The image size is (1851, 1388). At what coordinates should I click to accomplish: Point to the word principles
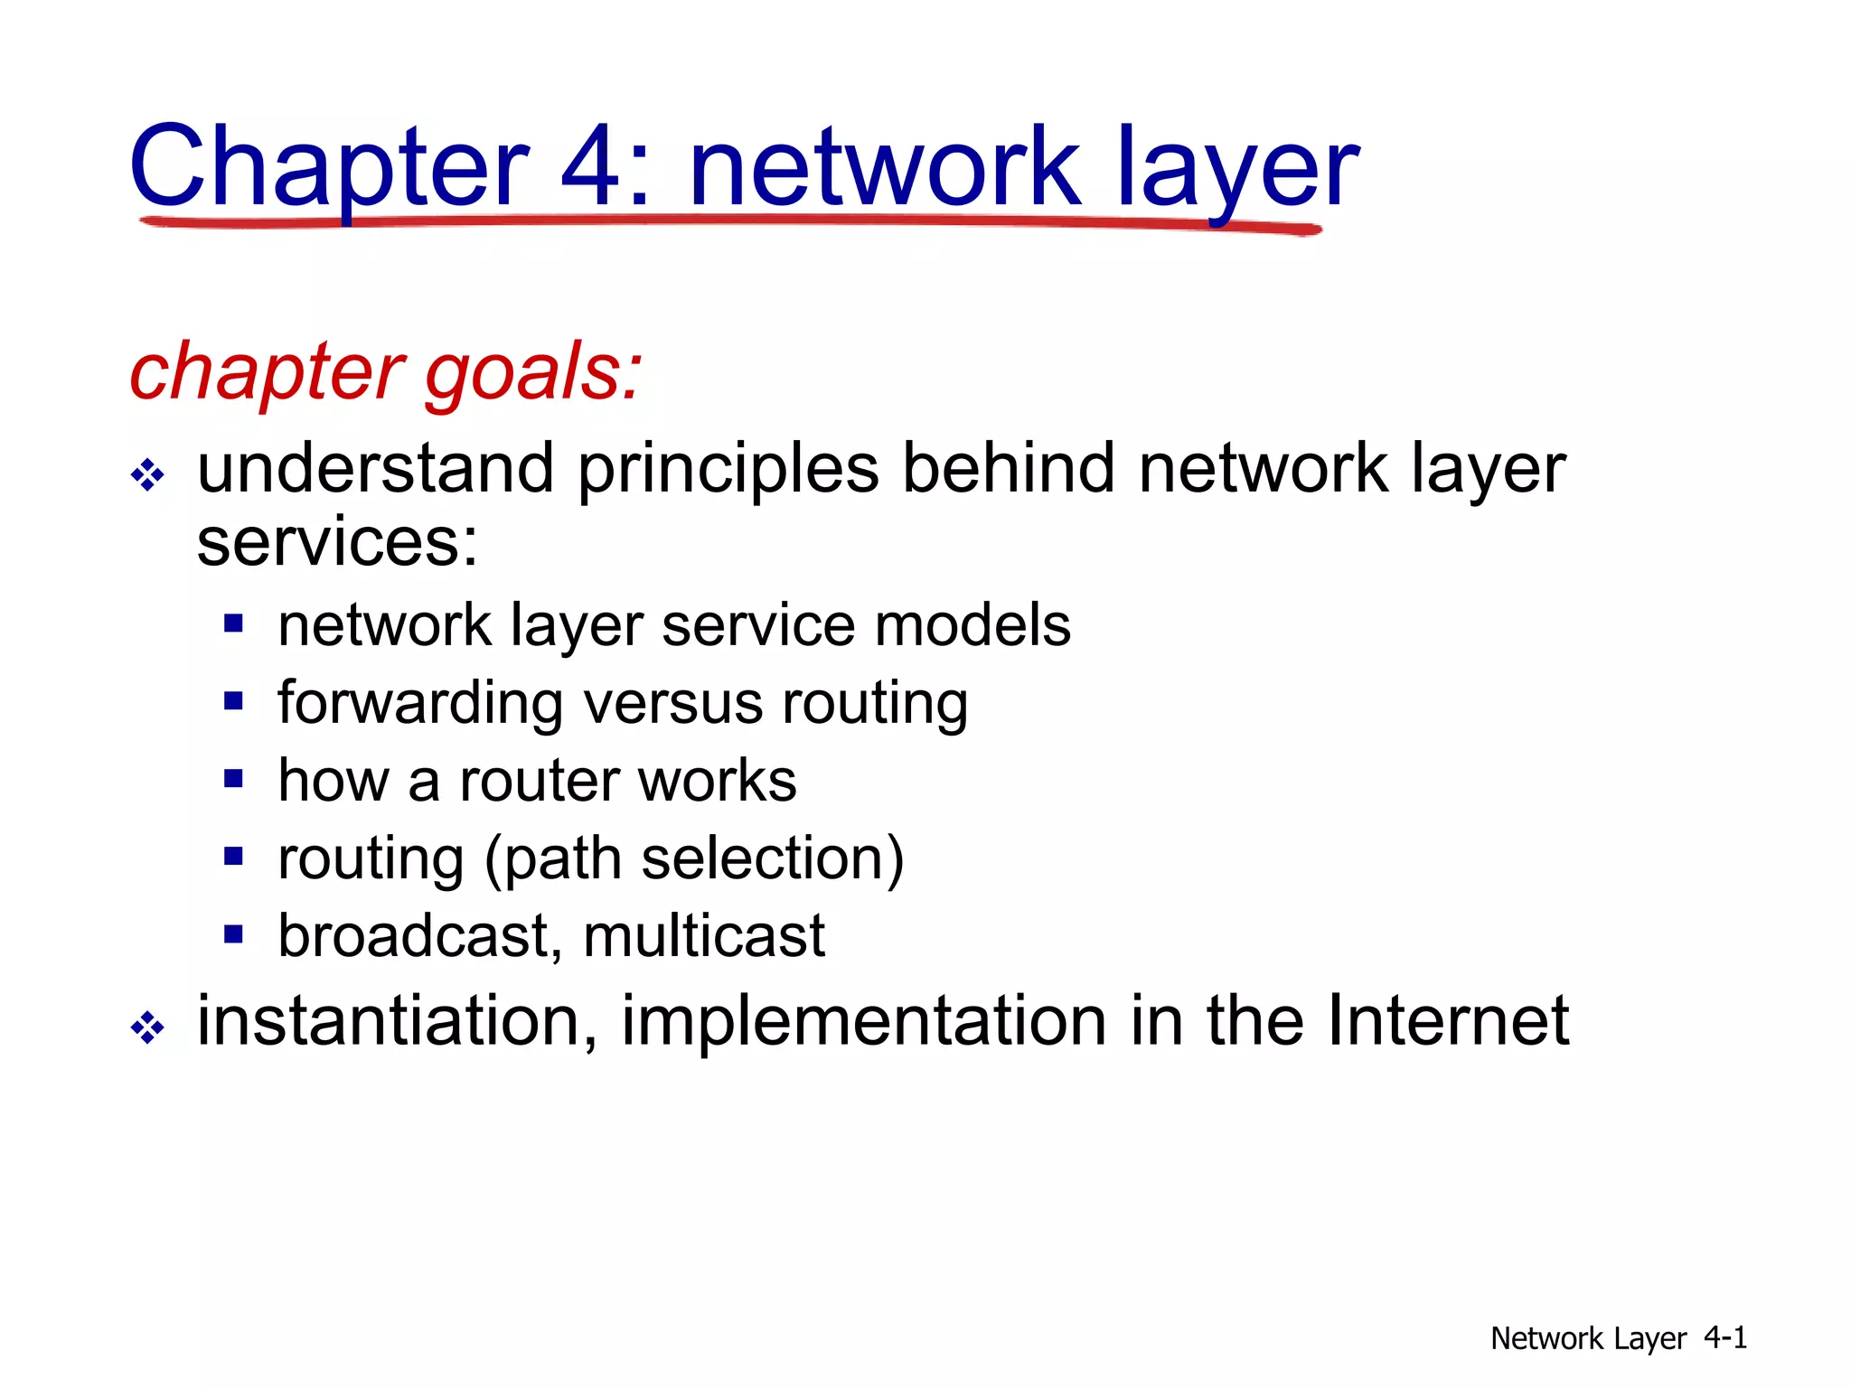(x=728, y=470)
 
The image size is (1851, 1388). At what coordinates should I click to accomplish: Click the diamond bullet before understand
(x=147, y=474)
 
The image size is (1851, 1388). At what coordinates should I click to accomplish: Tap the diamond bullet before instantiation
(x=147, y=1027)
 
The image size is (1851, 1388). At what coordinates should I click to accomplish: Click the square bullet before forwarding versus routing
(x=234, y=700)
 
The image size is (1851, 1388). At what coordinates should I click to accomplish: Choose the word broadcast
(x=413, y=935)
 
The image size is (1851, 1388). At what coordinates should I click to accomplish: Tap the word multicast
(x=704, y=935)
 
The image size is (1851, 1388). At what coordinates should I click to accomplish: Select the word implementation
(x=863, y=1022)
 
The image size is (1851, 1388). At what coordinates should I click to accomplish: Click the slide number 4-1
(x=1724, y=1336)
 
